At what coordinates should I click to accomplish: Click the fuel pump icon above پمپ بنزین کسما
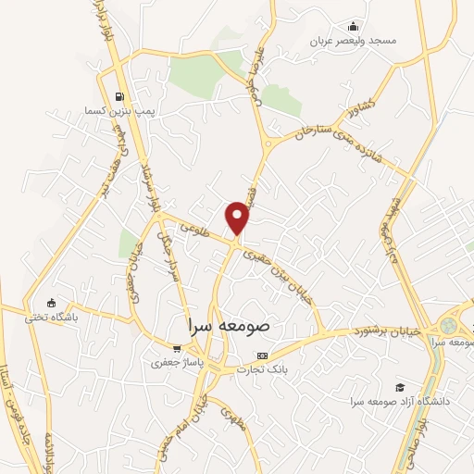point(118,96)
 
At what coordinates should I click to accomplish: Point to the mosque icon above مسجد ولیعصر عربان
point(352,26)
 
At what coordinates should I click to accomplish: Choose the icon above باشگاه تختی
point(51,302)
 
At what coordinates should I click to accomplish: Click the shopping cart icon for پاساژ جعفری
point(176,349)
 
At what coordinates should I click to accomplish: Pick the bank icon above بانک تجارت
point(263,355)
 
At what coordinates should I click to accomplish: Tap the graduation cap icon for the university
point(399,387)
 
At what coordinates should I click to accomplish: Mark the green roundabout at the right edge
point(450,327)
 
